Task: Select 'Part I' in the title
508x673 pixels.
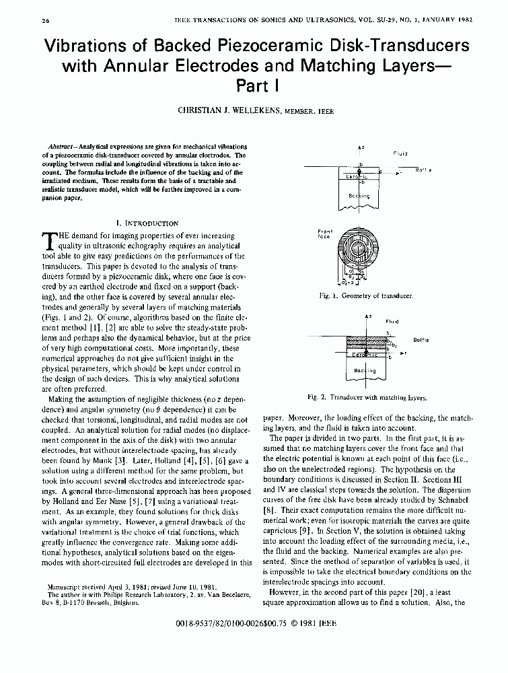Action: pyautogui.click(x=254, y=86)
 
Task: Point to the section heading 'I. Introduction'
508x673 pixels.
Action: pyautogui.click(x=147, y=223)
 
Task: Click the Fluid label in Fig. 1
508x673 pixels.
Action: pyautogui.click(x=400, y=153)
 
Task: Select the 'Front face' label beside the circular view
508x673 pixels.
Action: pyautogui.click(x=324, y=234)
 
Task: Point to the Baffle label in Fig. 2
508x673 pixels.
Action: pyautogui.click(x=421, y=340)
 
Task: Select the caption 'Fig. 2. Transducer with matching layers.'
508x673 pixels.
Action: pyautogui.click(x=367, y=397)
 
